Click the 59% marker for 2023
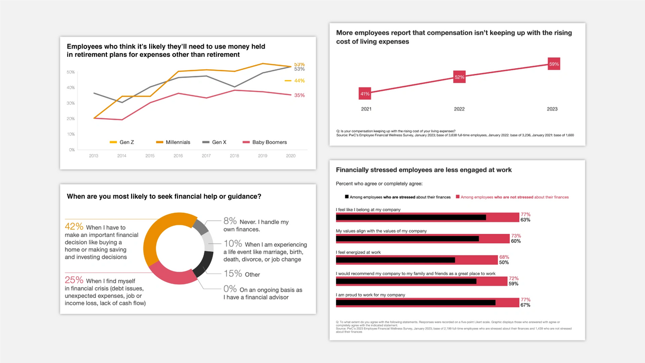click(554, 64)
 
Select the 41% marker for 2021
click(365, 94)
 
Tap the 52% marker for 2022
click(459, 77)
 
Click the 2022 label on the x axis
click(459, 109)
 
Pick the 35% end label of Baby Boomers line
click(299, 95)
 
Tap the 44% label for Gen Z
click(299, 81)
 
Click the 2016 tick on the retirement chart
click(178, 155)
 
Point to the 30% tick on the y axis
click(71, 103)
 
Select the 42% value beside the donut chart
click(74, 227)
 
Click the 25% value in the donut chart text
click(74, 280)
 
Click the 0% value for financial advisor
click(230, 289)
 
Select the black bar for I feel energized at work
click(395, 260)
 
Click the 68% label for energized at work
click(504, 257)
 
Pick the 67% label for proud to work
click(525, 305)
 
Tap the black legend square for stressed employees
click(347, 197)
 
